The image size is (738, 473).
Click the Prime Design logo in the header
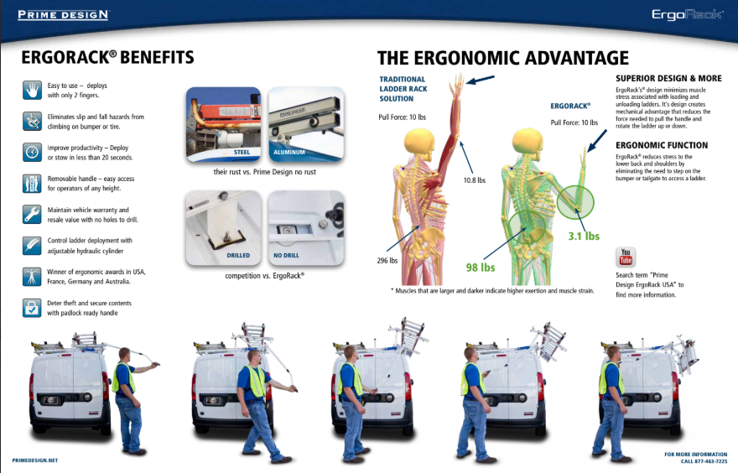(64, 14)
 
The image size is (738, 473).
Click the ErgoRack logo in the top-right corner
(688, 14)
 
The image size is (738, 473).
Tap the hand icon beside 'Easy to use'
(32, 90)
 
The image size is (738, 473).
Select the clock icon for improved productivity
(32, 152)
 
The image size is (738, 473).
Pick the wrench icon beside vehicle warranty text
(32, 214)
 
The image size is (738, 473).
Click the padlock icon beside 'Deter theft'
(32, 308)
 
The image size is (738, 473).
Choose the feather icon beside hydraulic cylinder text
(32, 246)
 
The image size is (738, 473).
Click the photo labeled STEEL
(224, 125)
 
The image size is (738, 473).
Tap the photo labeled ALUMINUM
(306, 125)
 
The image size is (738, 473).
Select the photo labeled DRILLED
(224, 228)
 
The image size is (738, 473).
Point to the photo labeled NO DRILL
(306, 228)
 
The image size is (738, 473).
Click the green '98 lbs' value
(481, 268)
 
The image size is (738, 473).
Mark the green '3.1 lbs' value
(584, 236)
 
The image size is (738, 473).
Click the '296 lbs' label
(387, 260)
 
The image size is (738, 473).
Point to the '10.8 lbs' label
(475, 180)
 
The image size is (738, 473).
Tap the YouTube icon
(626, 257)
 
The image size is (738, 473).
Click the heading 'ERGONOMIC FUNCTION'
(662, 145)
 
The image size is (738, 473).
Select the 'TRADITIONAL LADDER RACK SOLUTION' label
(403, 89)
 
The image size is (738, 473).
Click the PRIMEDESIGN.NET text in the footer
(35, 460)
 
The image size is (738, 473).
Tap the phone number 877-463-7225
(711, 461)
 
